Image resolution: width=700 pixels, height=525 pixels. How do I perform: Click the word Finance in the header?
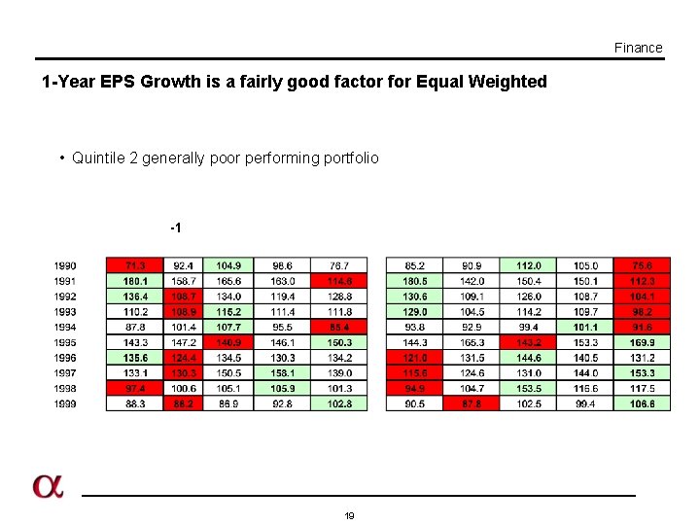tap(638, 48)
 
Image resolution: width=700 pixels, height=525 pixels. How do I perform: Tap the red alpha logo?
tap(48, 486)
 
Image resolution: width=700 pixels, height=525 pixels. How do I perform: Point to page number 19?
tap(349, 515)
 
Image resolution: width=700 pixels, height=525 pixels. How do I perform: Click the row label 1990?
tap(65, 265)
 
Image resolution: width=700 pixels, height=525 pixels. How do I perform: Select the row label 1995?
tap(65, 343)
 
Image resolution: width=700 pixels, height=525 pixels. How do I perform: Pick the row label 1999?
tap(65, 403)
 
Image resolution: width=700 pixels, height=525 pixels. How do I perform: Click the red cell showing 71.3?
tap(135, 265)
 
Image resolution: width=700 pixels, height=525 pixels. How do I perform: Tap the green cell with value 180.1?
tap(135, 281)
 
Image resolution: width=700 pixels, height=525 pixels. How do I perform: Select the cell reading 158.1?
tap(283, 373)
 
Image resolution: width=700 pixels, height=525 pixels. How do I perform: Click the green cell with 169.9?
tap(642, 343)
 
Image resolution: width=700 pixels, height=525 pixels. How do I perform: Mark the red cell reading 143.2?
tap(528, 343)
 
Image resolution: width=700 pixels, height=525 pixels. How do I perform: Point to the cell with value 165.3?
tap(472, 343)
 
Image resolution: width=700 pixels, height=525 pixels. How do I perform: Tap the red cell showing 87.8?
tap(472, 403)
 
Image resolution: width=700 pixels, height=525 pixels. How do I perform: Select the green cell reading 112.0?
tap(528, 265)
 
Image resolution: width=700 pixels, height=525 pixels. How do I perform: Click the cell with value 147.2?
tap(182, 343)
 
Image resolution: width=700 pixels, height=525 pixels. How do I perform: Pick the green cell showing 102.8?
tap(339, 403)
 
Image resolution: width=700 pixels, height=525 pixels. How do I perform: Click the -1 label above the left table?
tap(176, 227)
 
